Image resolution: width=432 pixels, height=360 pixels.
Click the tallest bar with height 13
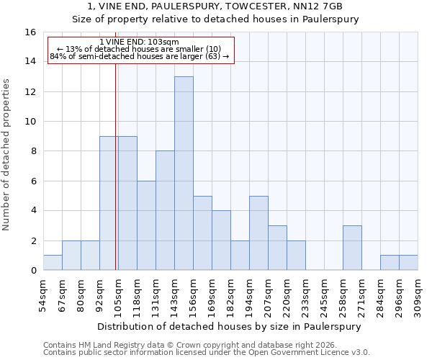(x=184, y=174)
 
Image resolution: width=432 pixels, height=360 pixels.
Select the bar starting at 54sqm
(x=53, y=263)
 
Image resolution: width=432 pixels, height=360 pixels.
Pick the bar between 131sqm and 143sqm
(x=165, y=210)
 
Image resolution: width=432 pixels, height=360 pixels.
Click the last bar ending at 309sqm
(x=408, y=263)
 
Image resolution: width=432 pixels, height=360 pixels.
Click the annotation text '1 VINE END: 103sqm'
(x=134, y=42)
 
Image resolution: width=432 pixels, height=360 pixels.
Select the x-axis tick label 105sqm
(x=118, y=295)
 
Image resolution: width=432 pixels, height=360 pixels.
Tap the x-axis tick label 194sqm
(x=249, y=295)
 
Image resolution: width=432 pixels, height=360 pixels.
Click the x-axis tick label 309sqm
(x=418, y=295)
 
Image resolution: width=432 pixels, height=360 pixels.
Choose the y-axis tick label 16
(x=30, y=32)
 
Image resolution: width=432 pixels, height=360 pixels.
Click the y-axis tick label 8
(x=33, y=151)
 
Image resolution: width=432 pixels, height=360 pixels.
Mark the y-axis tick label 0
(x=33, y=271)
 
